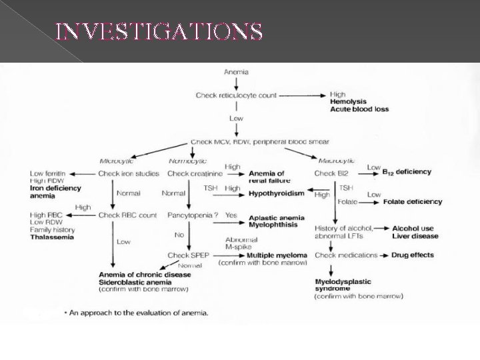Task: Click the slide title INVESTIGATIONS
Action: pos(158,31)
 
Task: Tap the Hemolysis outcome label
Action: pos(349,101)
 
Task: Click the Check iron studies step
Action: pos(129,173)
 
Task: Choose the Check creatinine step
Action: pos(194,173)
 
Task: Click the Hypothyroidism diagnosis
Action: pos(276,193)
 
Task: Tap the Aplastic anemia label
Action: pos(276,217)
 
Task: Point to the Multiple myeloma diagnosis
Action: pos(277,255)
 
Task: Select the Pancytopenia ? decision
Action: pos(193,215)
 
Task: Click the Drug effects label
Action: pos(413,255)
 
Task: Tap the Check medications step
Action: pos(346,255)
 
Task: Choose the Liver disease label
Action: pos(415,235)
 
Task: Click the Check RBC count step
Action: pos(127,215)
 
